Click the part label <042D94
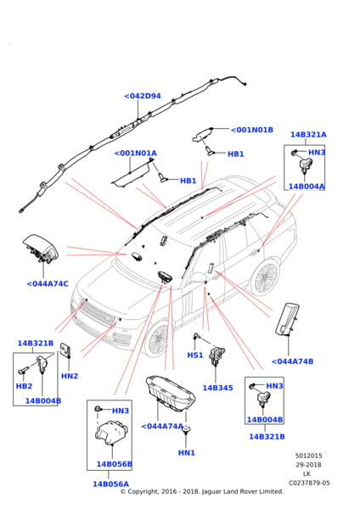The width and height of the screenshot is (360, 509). click(143, 96)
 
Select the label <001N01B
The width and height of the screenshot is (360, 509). click(252, 130)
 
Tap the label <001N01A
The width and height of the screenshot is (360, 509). click(136, 154)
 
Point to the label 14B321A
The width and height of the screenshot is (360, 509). click(308, 135)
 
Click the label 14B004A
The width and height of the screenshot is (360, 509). click(307, 187)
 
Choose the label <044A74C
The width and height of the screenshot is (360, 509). click(48, 284)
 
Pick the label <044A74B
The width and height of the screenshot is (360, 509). click(292, 361)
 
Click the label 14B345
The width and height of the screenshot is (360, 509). click(217, 388)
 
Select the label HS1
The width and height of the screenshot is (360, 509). click(195, 355)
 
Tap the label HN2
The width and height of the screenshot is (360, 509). click(70, 376)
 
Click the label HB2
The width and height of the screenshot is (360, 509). click(24, 386)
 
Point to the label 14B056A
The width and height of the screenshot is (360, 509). click(110, 484)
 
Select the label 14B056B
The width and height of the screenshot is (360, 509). click(115, 464)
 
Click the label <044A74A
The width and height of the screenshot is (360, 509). click(162, 426)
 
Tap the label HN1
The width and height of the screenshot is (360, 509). click(187, 453)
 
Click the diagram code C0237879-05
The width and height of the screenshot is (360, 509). click(309, 483)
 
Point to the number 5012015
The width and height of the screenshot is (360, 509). click(309, 456)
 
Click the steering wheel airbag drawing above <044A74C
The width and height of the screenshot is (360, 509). click(42, 249)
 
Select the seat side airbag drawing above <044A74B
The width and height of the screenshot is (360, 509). click(287, 319)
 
